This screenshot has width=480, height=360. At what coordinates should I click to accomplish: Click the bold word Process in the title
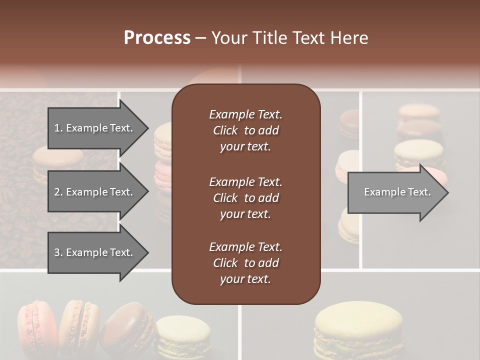point(157,38)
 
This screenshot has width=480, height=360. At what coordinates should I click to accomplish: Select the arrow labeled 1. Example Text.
point(95,128)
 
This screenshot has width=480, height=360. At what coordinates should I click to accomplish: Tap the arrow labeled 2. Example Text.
point(95,192)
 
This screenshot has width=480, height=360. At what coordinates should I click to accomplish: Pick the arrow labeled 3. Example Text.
point(95,252)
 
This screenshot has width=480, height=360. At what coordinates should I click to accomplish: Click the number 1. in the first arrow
point(58,128)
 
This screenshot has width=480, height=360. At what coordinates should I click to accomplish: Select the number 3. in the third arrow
point(58,252)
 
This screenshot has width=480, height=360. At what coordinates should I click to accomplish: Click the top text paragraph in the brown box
point(245,130)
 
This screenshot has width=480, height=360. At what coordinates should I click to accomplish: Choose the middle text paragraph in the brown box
point(245,198)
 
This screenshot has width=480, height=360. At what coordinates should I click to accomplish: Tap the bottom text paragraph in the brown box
point(245,263)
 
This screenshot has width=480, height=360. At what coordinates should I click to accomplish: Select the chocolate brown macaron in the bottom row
point(129,330)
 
